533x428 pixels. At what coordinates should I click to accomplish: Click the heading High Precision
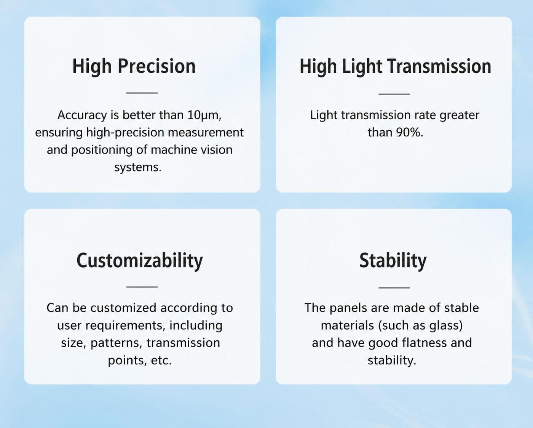pos(134,66)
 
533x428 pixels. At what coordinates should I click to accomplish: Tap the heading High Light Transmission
pos(395,66)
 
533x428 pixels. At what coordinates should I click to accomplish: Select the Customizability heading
pos(140,261)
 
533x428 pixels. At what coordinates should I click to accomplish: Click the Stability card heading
pos(393,261)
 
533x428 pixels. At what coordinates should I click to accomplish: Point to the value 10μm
pos(204,115)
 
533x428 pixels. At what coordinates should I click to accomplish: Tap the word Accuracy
pos(82,115)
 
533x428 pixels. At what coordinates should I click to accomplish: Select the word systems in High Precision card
pos(138,167)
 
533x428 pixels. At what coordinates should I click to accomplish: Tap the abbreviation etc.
pos(161,361)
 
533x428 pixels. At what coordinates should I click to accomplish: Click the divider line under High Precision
pos(142,93)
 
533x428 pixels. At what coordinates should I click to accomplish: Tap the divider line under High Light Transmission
pos(394,94)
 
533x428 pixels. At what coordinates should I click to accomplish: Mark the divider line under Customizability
pos(142,287)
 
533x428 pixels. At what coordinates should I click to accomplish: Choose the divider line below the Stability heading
pos(394,288)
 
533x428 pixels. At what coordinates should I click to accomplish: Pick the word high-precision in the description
pos(125,133)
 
